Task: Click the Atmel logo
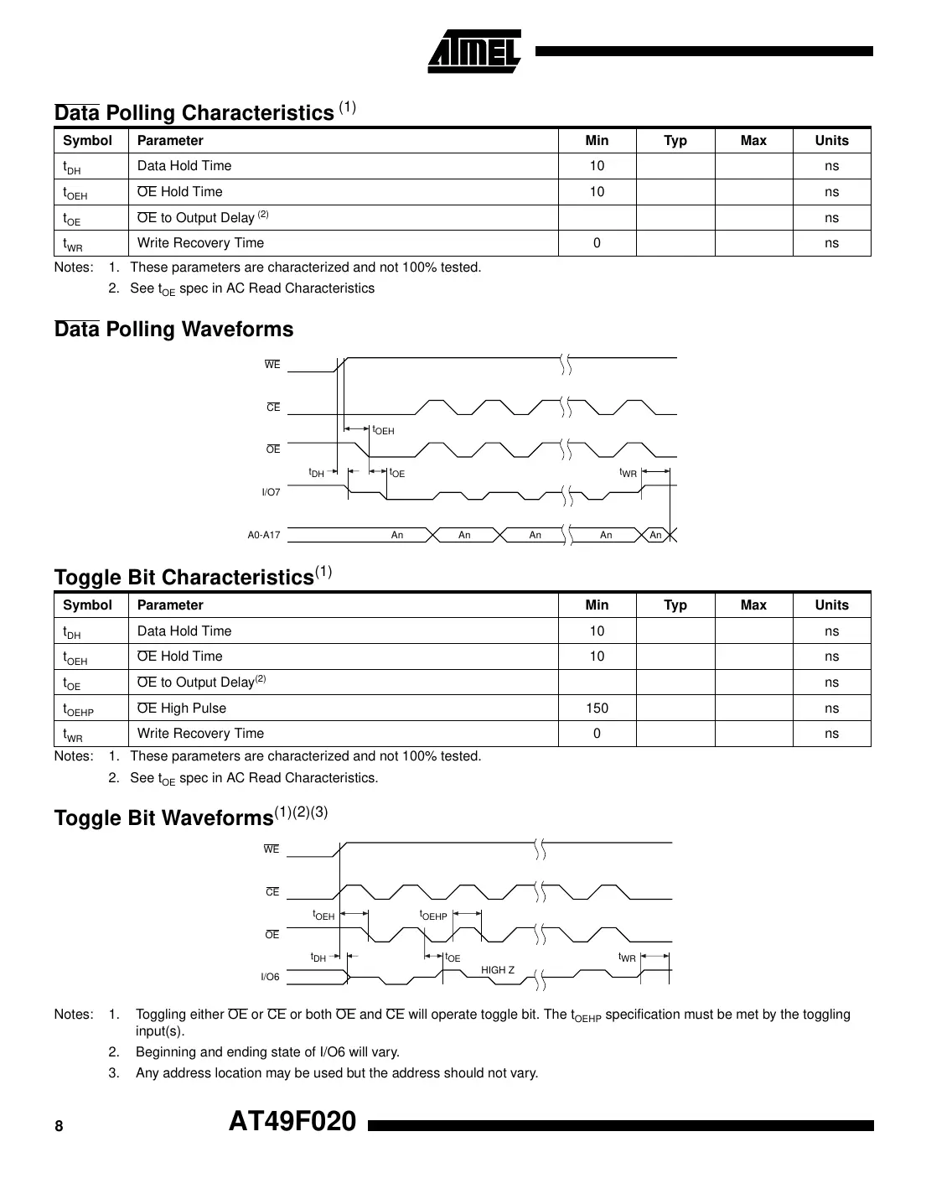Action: [474, 52]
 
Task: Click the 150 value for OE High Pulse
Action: [597, 708]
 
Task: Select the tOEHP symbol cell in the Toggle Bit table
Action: [79, 709]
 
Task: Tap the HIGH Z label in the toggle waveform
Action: [498, 970]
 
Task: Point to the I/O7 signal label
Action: [271, 492]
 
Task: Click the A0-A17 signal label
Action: [263, 535]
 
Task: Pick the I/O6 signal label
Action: [270, 977]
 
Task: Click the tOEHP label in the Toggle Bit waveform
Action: [433, 916]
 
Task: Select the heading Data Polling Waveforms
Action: [173, 329]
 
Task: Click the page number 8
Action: [59, 1126]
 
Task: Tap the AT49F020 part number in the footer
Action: [292, 1121]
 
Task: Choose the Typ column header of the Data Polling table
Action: [675, 141]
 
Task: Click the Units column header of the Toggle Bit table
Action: [831, 605]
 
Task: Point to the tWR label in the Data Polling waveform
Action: [629, 473]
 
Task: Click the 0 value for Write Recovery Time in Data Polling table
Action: [597, 243]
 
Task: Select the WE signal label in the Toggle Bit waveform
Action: [272, 849]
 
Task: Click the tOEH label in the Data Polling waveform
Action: [383, 430]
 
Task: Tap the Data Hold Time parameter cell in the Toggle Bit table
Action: [184, 631]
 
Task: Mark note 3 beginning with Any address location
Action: [336, 1072]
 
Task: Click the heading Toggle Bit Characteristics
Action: [184, 577]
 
